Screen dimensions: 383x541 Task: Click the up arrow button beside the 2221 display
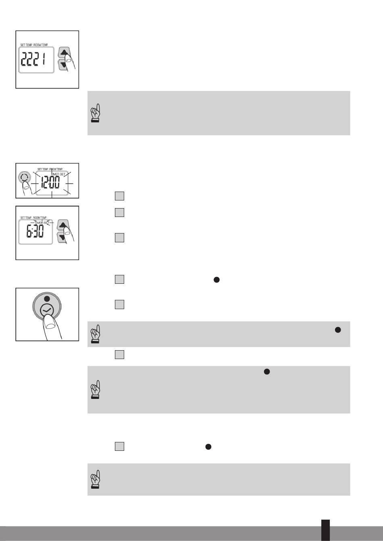point(64,52)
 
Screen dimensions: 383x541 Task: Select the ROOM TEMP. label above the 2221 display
point(41,45)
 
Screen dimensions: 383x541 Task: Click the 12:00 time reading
point(50,182)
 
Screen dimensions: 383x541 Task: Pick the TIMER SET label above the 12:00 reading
point(58,174)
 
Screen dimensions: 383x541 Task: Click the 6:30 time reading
point(35,231)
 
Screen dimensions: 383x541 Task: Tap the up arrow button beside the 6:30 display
point(63,225)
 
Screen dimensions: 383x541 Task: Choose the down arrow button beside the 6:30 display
point(62,237)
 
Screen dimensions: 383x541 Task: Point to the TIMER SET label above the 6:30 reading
point(42,223)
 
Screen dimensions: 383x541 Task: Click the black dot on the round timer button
point(47,299)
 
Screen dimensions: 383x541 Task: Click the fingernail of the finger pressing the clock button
point(50,326)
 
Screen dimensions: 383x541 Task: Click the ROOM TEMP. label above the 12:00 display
point(56,169)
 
